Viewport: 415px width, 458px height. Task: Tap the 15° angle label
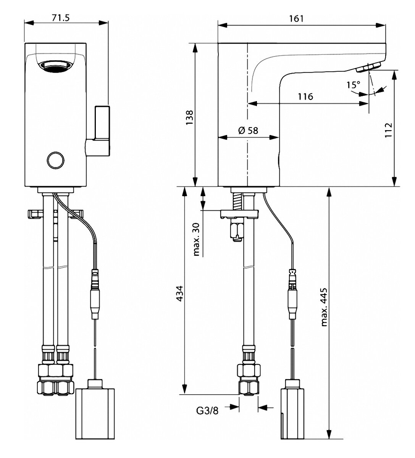353,84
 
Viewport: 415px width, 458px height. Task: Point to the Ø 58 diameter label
248,130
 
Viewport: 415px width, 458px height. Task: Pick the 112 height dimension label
389,131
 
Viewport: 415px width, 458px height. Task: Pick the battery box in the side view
294,413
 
